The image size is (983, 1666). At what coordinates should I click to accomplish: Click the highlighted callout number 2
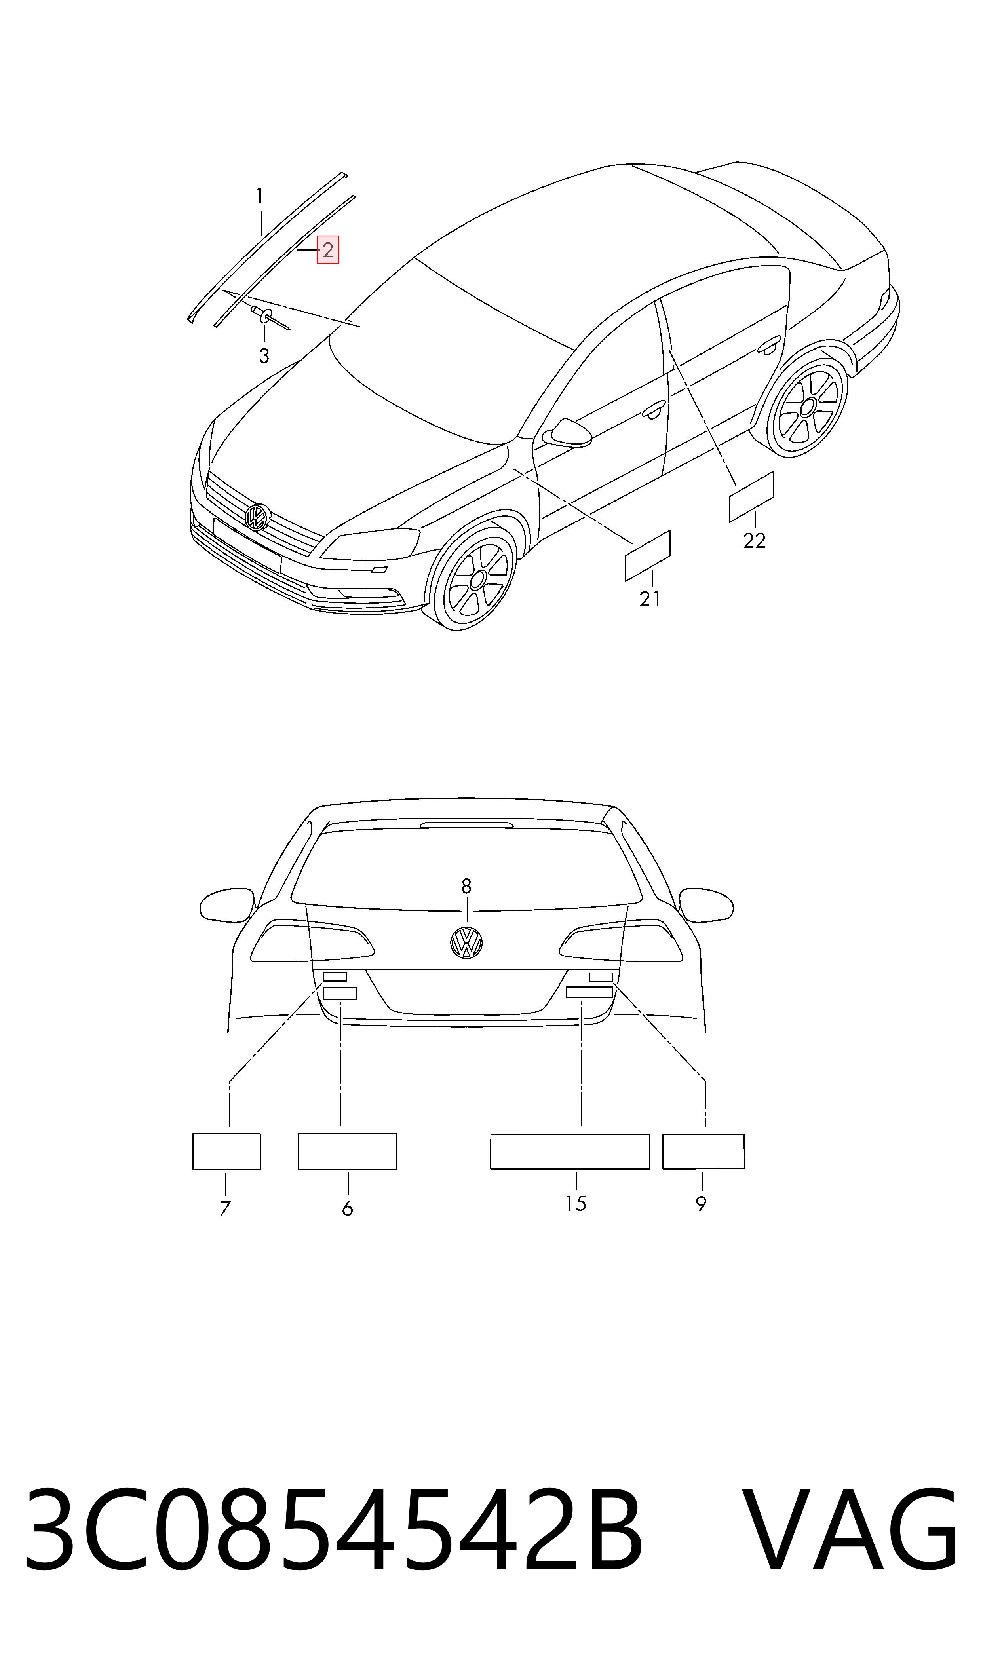(328, 250)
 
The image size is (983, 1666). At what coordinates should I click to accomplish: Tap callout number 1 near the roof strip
(260, 197)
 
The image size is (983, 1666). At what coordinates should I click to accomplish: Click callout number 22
(755, 541)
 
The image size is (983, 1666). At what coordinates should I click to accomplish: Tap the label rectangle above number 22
(751, 497)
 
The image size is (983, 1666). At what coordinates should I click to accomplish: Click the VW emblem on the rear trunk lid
(466, 942)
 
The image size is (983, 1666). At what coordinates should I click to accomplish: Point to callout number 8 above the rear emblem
(466, 885)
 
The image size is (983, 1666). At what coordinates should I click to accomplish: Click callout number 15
(576, 1203)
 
